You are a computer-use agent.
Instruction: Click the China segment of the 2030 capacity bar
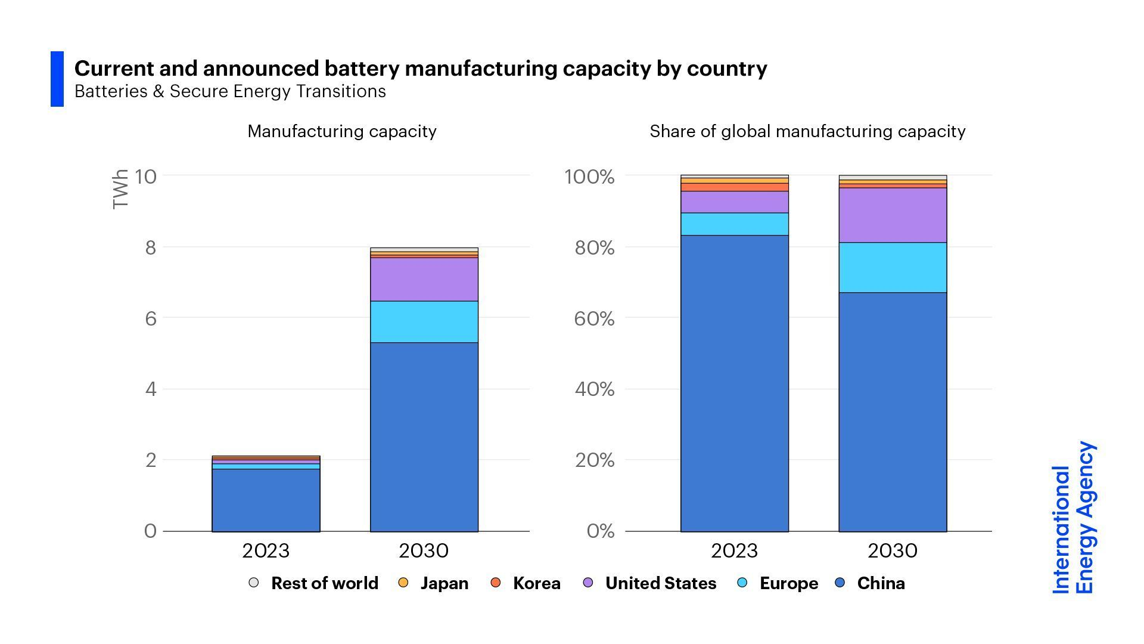click(424, 436)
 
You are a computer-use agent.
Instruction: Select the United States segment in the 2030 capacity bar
click(424, 279)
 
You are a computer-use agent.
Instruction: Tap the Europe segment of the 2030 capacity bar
click(424, 321)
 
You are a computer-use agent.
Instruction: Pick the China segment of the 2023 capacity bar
click(266, 500)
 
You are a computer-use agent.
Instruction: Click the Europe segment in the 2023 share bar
click(734, 224)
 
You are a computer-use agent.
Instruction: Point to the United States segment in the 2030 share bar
click(893, 215)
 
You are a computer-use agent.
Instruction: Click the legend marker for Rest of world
click(254, 583)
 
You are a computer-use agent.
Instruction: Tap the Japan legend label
click(444, 583)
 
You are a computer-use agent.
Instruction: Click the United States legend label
click(660, 583)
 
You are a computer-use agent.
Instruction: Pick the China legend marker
click(840, 583)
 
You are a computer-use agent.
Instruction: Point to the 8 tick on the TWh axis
click(150, 247)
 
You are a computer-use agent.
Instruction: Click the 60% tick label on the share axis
click(593, 318)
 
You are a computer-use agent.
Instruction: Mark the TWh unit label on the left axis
click(120, 189)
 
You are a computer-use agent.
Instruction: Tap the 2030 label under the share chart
click(892, 550)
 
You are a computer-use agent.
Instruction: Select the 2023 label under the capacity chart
click(266, 550)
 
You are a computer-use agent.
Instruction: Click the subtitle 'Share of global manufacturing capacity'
click(807, 131)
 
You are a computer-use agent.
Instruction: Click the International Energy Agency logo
click(1073, 518)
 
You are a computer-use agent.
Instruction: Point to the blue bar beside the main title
click(57, 79)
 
